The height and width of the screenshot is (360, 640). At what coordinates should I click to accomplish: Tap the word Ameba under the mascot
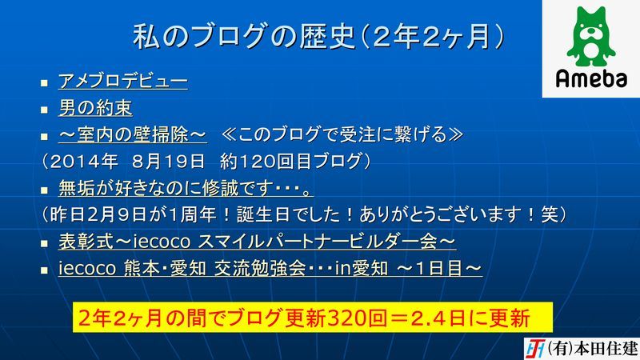(x=591, y=78)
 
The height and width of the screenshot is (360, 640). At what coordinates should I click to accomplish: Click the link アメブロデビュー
(x=123, y=81)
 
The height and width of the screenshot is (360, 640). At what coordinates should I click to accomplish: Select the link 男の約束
(x=95, y=108)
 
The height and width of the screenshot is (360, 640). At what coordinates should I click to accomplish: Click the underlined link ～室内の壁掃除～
(x=133, y=134)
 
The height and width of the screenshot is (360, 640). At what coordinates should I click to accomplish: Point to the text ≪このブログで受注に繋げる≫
(x=342, y=134)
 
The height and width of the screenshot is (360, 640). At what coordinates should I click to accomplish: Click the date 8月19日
(x=168, y=162)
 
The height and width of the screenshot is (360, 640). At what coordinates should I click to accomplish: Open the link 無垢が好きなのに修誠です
(x=186, y=188)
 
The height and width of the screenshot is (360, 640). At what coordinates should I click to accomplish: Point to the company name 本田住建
(x=606, y=349)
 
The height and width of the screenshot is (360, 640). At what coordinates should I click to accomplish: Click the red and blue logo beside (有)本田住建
(x=534, y=349)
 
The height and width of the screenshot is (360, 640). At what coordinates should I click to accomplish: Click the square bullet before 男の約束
(x=44, y=110)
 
